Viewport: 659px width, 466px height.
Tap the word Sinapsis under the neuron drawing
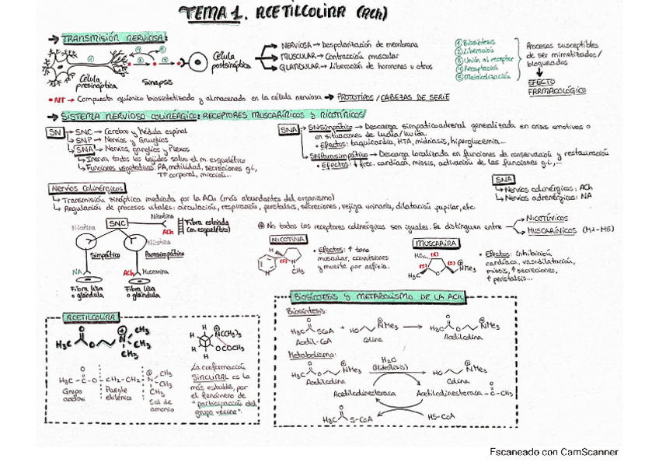(x=157, y=81)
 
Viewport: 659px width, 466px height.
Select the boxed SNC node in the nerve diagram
(x=117, y=224)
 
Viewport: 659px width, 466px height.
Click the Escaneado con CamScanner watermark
(x=554, y=451)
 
